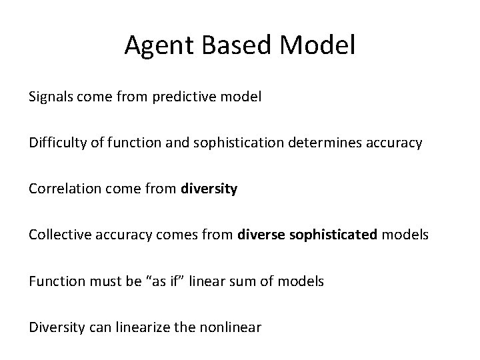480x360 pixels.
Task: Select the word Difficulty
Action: coord(58,143)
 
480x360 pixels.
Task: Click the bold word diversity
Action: coord(209,189)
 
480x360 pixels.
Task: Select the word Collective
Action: coord(59,235)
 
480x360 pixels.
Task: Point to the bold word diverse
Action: coord(261,235)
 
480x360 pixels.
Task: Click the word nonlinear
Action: coord(231,327)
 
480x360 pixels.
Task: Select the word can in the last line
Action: coord(93,327)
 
